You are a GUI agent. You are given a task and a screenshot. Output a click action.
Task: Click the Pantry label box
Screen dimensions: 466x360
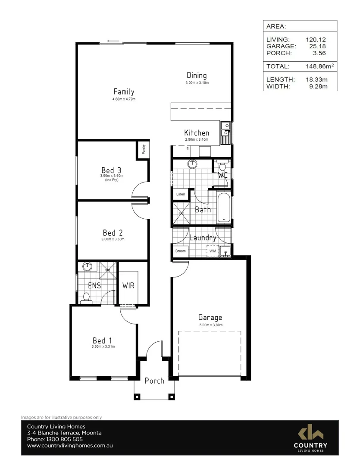point(144,149)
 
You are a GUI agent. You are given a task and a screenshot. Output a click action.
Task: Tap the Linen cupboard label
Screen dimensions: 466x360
point(181,194)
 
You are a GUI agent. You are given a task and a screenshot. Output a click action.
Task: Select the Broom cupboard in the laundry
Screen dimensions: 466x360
point(180,251)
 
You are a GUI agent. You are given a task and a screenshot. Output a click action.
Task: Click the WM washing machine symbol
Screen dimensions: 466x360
point(212,251)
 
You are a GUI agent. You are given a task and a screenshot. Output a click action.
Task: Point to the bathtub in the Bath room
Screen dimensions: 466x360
point(224,208)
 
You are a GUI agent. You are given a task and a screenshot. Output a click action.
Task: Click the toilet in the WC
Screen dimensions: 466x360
point(222,166)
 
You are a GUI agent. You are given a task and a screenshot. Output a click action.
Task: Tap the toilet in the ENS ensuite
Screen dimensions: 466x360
point(86,297)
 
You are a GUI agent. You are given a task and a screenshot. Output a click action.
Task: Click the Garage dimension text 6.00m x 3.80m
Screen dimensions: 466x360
point(210,325)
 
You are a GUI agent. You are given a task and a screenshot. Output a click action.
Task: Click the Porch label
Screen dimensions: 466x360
point(154,381)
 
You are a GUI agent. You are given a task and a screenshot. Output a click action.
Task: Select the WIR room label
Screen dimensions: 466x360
point(128,286)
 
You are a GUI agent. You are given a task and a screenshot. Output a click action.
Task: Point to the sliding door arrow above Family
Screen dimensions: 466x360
point(113,41)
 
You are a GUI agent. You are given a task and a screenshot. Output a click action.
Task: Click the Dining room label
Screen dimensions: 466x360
point(197,75)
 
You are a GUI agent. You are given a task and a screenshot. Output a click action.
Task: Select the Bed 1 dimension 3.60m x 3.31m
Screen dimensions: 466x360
point(103,346)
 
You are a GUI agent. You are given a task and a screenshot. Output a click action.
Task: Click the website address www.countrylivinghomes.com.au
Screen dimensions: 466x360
point(70,446)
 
